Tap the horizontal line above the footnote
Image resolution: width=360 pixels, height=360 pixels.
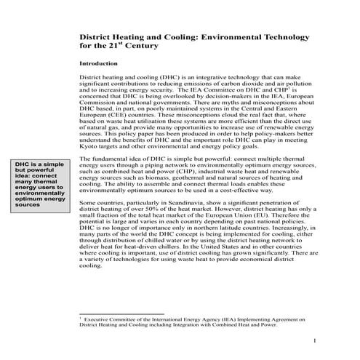click(x=120, y=313)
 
